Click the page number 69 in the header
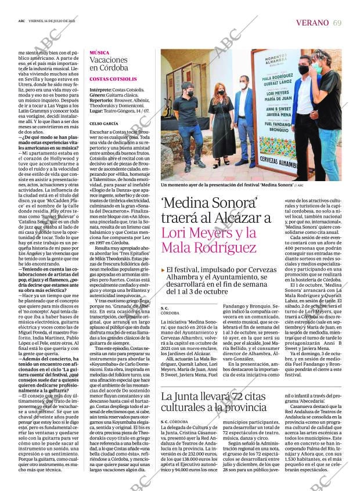click(337, 23)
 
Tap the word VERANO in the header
click(313, 23)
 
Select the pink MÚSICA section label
click(99, 53)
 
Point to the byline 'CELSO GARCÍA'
click(103, 124)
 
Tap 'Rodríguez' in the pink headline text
click(223, 248)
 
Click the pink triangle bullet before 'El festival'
click(163, 270)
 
